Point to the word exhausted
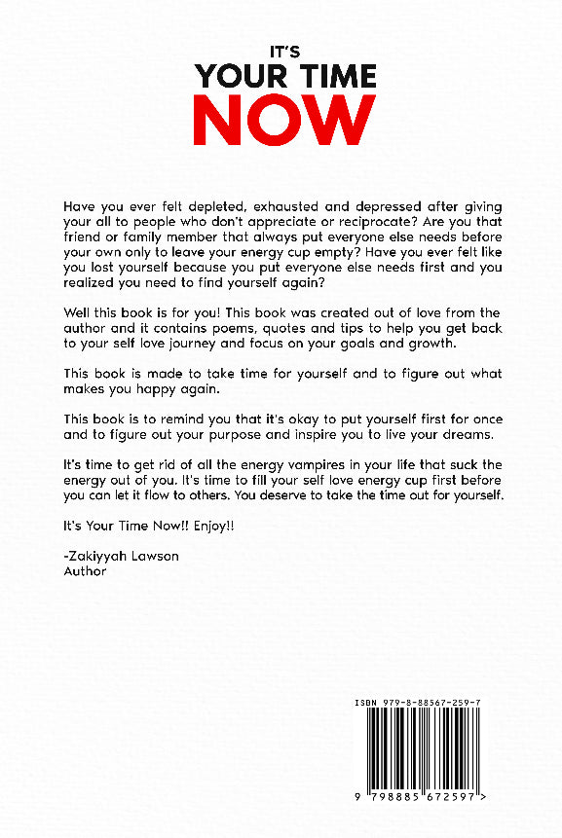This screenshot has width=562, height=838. click(292, 207)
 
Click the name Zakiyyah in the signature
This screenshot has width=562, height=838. click(99, 556)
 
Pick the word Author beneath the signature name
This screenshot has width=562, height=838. click(84, 571)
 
